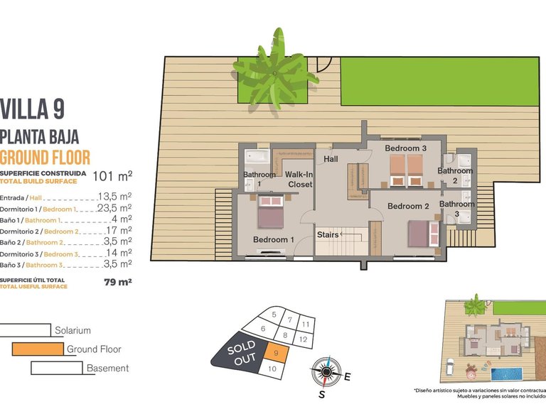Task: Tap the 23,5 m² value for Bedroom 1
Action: [x=114, y=208]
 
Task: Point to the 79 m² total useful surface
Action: [x=118, y=282]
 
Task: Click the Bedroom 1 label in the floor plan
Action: [x=274, y=240]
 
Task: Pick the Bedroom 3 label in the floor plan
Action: [x=405, y=148]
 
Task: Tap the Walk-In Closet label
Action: [x=300, y=180]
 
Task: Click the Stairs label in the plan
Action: [x=328, y=234]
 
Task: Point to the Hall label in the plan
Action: [x=331, y=160]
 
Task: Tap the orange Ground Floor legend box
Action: [x=37, y=349]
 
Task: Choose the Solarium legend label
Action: [x=73, y=330]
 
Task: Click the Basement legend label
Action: [x=107, y=369]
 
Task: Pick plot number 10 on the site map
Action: [x=271, y=368]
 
